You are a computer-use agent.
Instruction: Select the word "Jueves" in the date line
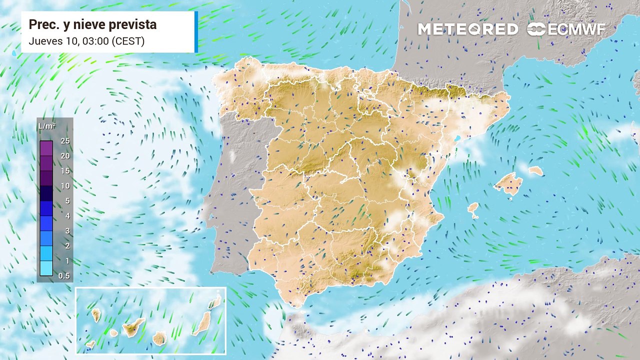(45, 41)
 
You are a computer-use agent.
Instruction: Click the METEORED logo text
(468, 29)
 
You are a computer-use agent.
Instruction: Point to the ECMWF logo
(566, 29)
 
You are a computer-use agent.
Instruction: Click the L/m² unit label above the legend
(47, 126)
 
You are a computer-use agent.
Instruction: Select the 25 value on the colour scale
(65, 141)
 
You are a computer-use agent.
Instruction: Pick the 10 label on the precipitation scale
(65, 186)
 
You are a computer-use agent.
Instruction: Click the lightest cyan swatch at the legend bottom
(46, 268)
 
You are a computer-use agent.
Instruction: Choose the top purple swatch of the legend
(46, 148)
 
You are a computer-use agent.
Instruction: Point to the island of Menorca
(535, 171)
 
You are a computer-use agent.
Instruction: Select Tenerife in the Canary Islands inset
(132, 327)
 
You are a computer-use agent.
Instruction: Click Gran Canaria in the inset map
(159, 338)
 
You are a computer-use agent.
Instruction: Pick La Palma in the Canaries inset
(96, 315)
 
